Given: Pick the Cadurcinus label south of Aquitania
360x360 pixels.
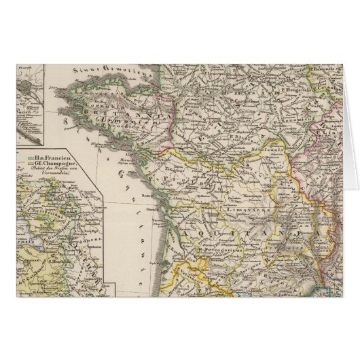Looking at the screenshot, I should [224, 275].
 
